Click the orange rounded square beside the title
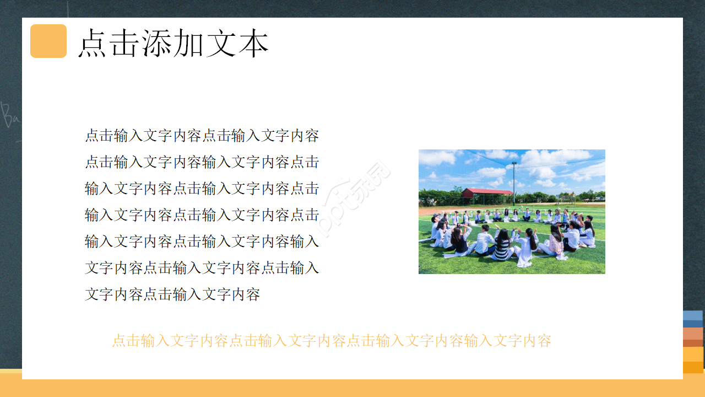coord(48,41)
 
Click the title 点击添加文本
coord(173,43)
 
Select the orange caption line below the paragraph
coord(332,341)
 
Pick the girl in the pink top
coord(555,243)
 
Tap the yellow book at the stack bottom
coord(693,361)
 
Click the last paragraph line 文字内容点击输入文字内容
coord(172,294)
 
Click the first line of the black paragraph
coord(202,136)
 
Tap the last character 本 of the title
coord(253,43)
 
